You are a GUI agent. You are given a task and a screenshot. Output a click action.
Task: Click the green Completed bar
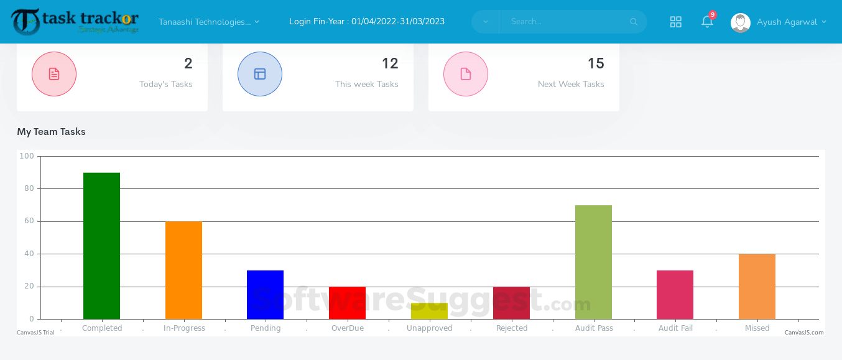pos(101,246)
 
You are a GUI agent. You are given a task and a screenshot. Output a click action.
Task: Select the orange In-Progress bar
pos(183,270)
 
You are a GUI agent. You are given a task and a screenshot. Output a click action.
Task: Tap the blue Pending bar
pos(265,294)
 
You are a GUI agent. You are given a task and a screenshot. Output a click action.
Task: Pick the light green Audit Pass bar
pos(593,262)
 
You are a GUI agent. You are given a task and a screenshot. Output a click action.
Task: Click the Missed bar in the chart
pos(757,286)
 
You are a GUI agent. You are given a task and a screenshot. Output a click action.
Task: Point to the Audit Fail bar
pos(675,294)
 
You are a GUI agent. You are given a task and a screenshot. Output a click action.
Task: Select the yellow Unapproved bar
pos(429,311)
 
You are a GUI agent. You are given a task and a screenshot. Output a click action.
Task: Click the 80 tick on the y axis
pos(29,188)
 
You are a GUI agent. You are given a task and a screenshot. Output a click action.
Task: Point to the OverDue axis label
pos(347,328)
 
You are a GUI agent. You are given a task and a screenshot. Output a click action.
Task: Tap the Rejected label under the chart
pos(512,328)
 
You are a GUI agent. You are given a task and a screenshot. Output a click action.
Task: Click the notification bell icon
pos(707,22)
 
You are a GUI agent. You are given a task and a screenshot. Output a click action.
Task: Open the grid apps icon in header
pos(676,22)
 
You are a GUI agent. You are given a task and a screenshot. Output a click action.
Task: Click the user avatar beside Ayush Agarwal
pos(740,22)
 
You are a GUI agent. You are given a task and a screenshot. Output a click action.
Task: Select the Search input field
pos(566,22)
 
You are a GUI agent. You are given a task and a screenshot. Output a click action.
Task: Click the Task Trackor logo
pos(75,22)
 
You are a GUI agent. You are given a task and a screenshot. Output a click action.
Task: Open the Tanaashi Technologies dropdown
pos(209,22)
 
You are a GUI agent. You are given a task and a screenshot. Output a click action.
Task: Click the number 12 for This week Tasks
pos(390,63)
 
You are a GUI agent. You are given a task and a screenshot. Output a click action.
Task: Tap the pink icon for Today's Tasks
pos(54,74)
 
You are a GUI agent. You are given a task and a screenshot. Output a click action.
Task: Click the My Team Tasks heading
pos(51,132)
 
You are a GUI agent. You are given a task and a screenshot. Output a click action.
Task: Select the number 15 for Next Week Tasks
pos(596,63)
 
